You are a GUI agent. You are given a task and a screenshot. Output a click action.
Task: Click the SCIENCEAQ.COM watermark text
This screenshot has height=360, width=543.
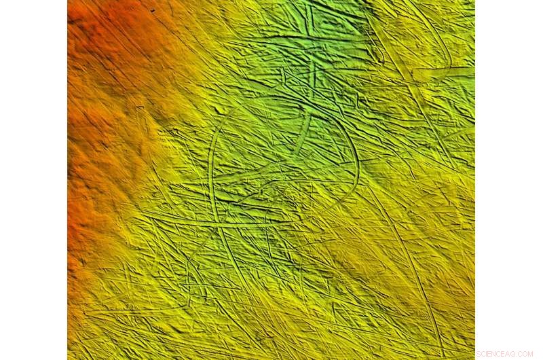coord(504,354)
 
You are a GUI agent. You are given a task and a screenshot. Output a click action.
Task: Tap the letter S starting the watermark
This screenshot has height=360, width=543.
coord(479,354)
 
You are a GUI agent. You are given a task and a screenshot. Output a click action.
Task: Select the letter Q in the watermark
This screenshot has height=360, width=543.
coord(513,354)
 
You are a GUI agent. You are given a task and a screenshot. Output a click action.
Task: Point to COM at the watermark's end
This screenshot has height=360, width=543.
coord(526,354)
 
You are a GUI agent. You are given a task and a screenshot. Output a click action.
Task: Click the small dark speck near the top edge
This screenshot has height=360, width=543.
coord(152,11)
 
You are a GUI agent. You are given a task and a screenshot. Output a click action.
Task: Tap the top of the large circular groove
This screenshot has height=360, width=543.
coord(285,109)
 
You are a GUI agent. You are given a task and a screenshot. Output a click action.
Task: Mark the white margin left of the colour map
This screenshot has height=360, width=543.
coord(34,180)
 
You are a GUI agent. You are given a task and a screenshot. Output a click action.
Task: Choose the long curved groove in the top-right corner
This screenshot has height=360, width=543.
coord(434,27)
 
